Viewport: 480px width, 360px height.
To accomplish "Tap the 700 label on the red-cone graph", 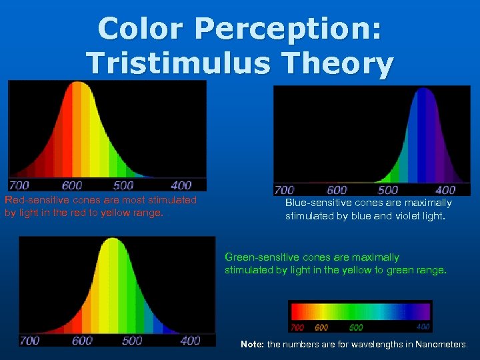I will click(19, 185).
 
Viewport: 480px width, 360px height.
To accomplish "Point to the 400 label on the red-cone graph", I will click(181, 185).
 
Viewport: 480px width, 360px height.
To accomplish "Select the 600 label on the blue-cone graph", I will click(337, 191).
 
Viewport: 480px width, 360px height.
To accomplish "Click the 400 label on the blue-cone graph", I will click(445, 191).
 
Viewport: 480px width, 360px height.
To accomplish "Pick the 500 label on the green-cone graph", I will click(132, 341).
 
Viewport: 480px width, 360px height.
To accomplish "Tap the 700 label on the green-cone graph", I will click(29, 341).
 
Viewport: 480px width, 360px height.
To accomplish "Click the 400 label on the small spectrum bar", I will click(423, 327).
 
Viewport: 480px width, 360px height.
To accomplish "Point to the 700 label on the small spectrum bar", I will click(297, 327).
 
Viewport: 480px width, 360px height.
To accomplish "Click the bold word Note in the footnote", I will click(252, 345).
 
